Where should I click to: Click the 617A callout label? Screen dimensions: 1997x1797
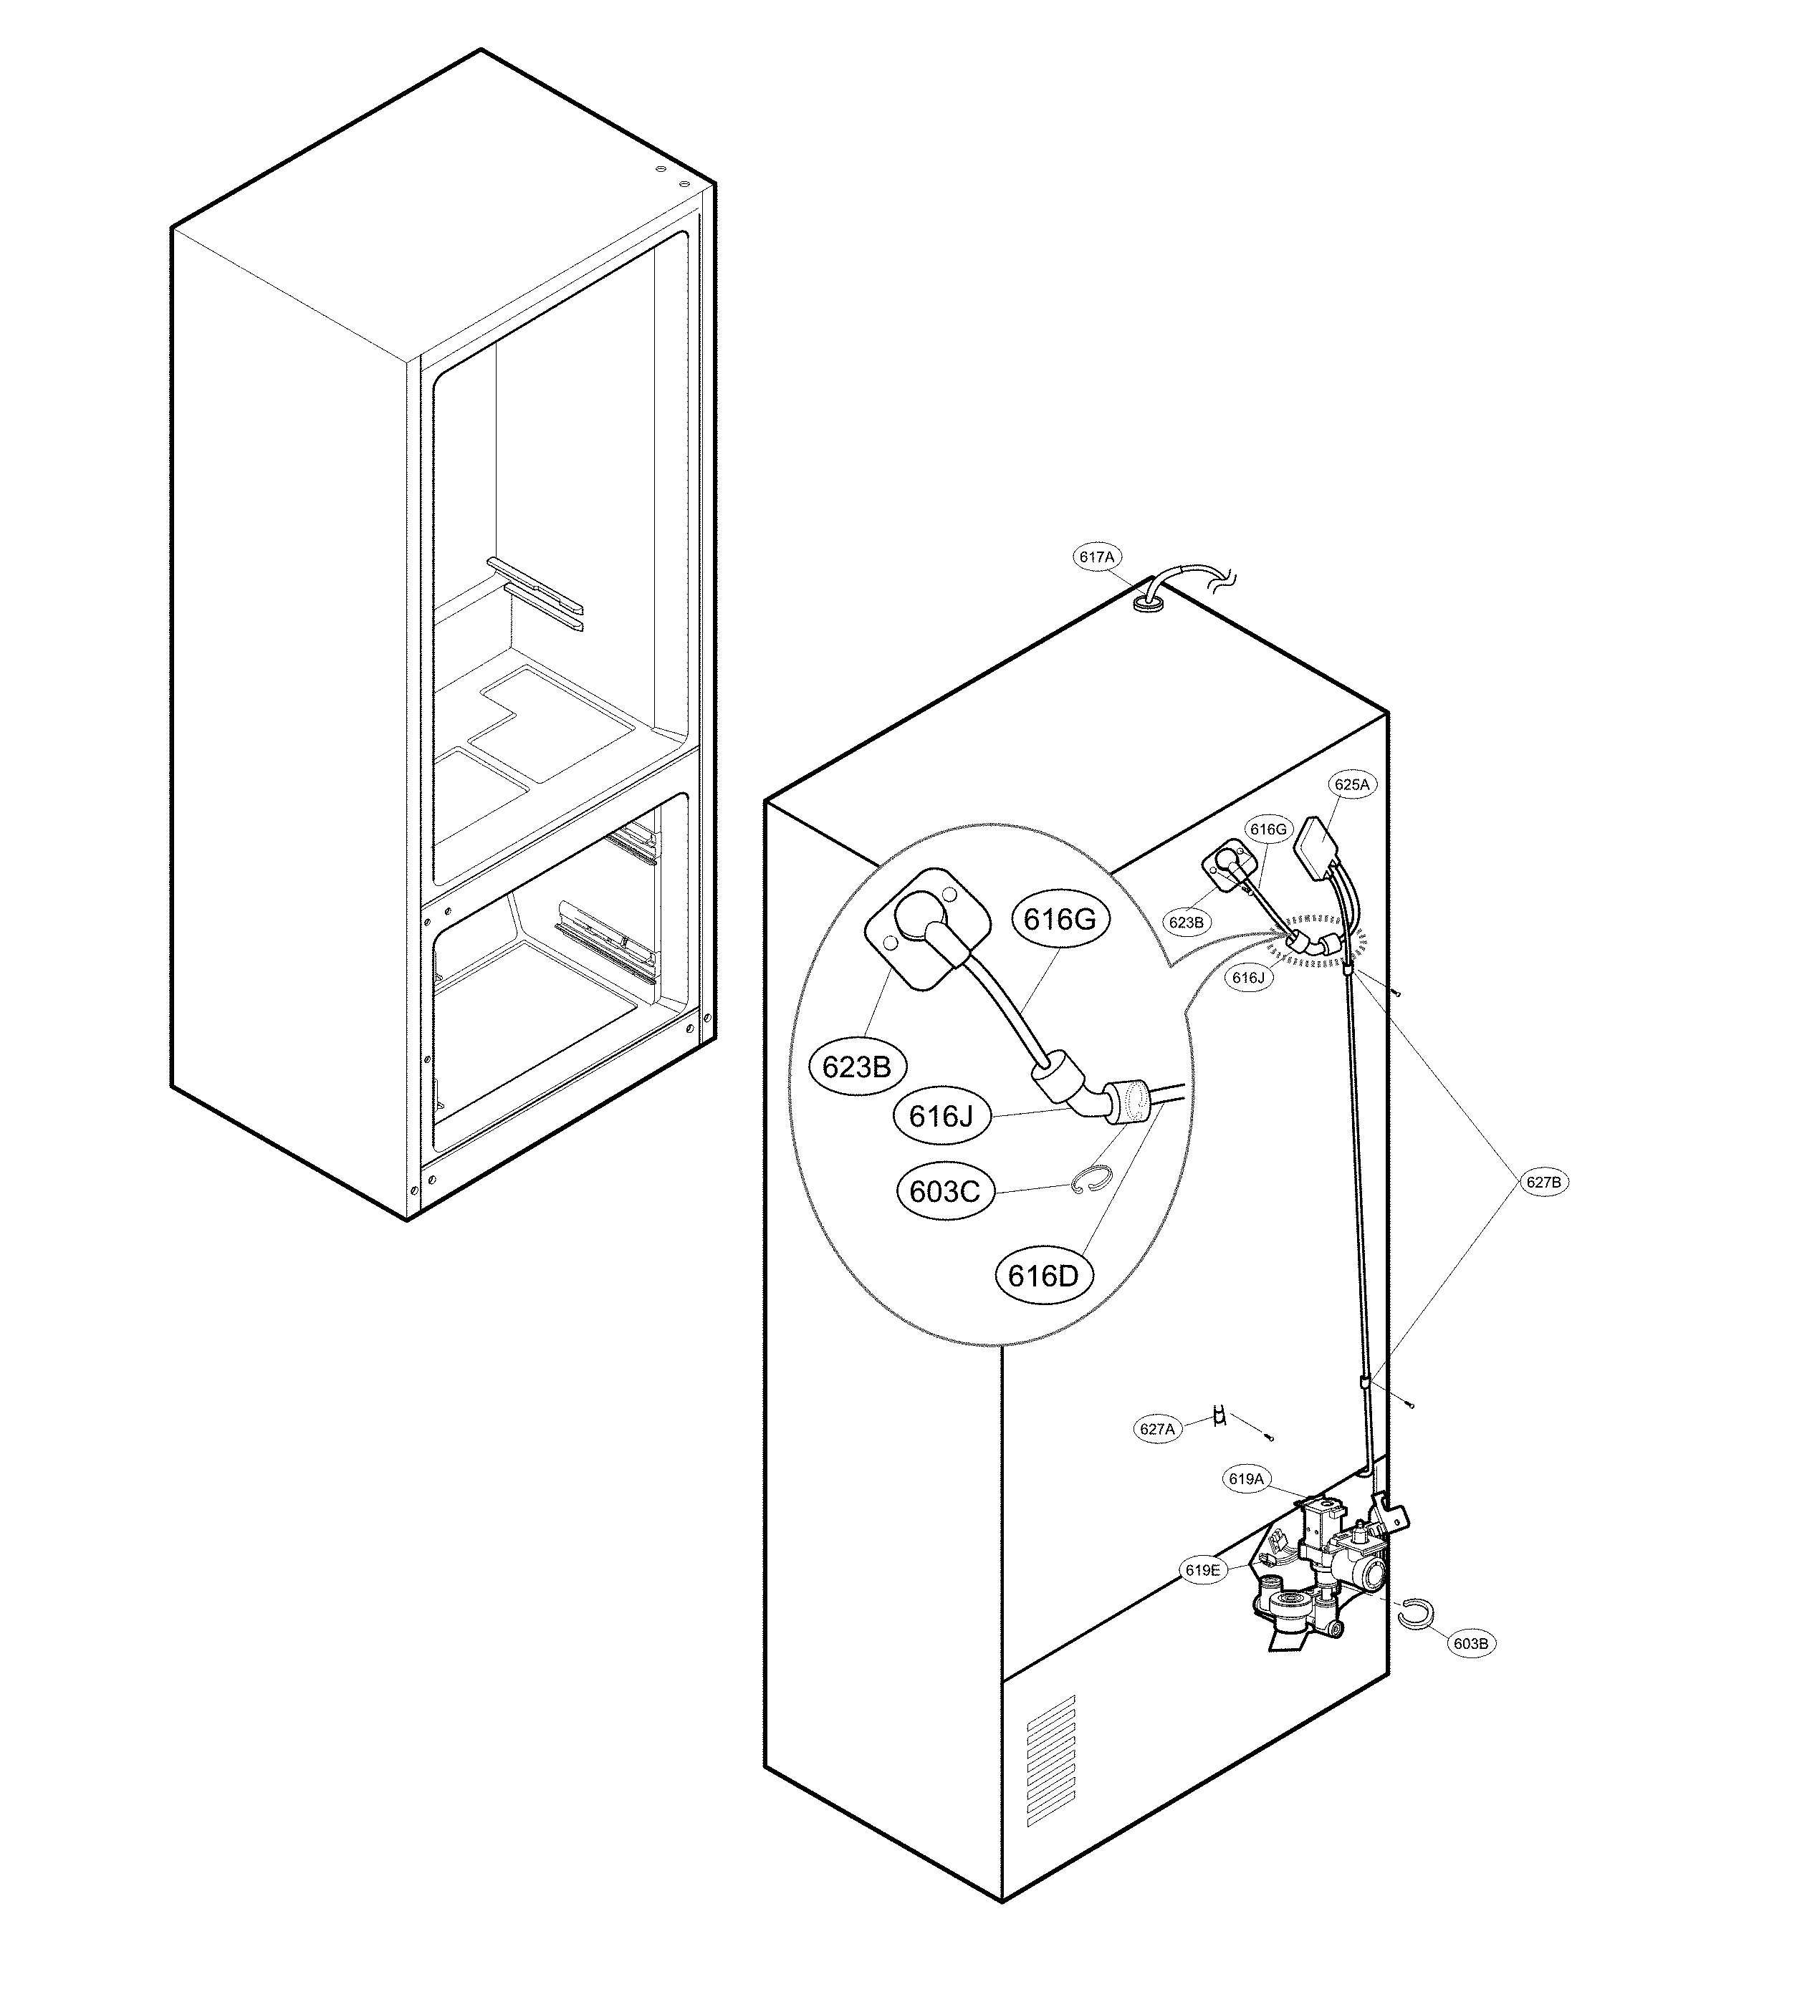pyautogui.click(x=1096, y=557)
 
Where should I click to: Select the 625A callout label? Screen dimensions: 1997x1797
pyautogui.click(x=1352, y=785)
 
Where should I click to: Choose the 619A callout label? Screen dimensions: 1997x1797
pyautogui.click(x=1246, y=1478)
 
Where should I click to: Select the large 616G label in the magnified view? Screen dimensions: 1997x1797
pyautogui.click(x=1060, y=919)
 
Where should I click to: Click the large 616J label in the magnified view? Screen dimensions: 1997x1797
pyautogui.click(x=941, y=1117)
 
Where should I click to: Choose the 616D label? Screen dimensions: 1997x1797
pyautogui.click(x=1044, y=1276)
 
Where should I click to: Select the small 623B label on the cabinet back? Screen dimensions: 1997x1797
pyautogui.click(x=1186, y=922)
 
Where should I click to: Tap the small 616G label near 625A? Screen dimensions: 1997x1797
pyautogui.click(x=1268, y=829)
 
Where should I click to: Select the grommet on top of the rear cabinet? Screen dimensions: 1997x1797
pyautogui.click(x=1147, y=602)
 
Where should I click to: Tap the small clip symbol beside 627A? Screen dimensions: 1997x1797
pyautogui.click(x=1220, y=1417)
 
